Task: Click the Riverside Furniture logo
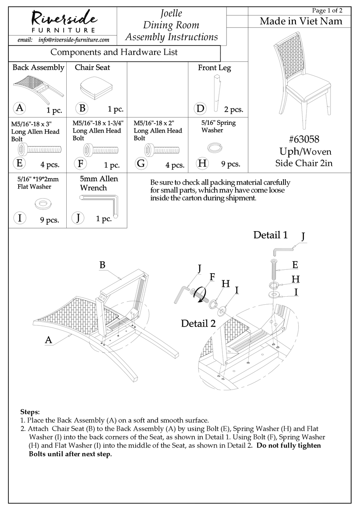[63, 22]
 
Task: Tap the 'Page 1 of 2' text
[327, 11]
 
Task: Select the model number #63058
[304, 139]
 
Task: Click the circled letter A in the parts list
[19, 108]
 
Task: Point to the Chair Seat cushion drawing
[97, 88]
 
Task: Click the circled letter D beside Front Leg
[200, 109]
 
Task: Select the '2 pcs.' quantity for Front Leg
[233, 110]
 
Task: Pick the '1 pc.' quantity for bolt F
[112, 165]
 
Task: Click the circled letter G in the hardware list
[141, 163]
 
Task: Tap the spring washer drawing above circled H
[214, 147]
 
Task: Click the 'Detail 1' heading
[270, 235]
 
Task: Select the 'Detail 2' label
[198, 323]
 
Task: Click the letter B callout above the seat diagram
[102, 265]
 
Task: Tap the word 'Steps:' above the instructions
[30, 411]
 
